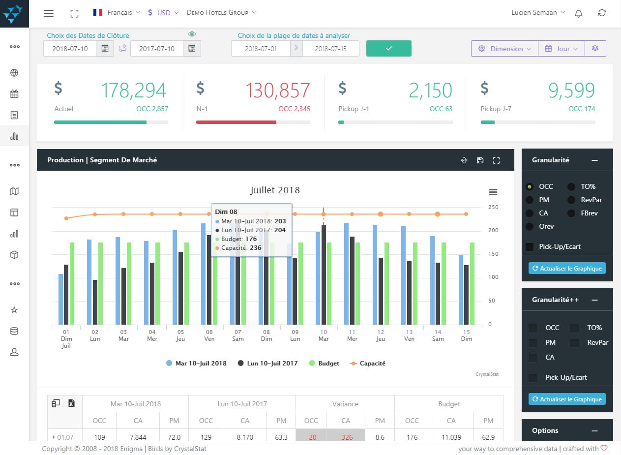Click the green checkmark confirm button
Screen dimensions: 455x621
coord(388,48)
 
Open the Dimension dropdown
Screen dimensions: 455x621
coord(504,49)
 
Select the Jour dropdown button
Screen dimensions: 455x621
coord(562,49)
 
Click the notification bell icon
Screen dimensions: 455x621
coord(579,13)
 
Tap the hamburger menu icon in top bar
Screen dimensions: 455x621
coord(49,13)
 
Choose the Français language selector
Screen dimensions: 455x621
coord(117,13)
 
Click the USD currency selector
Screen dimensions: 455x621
coord(163,13)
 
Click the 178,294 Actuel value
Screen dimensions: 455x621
coord(133,91)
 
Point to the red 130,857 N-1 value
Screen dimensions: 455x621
coord(277,91)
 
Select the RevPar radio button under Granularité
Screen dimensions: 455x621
coord(571,200)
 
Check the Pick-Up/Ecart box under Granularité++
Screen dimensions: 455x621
coord(532,378)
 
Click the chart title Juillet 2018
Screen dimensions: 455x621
coord(275,190)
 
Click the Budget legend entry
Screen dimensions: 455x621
coord(324,363)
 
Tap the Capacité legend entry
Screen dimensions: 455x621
coord(367,363)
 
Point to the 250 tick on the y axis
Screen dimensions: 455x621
coord(493,207)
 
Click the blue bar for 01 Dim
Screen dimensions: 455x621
coord(60,299)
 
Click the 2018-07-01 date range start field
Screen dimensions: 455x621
coord(261,49)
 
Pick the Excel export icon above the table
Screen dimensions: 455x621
coord(71,403)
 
